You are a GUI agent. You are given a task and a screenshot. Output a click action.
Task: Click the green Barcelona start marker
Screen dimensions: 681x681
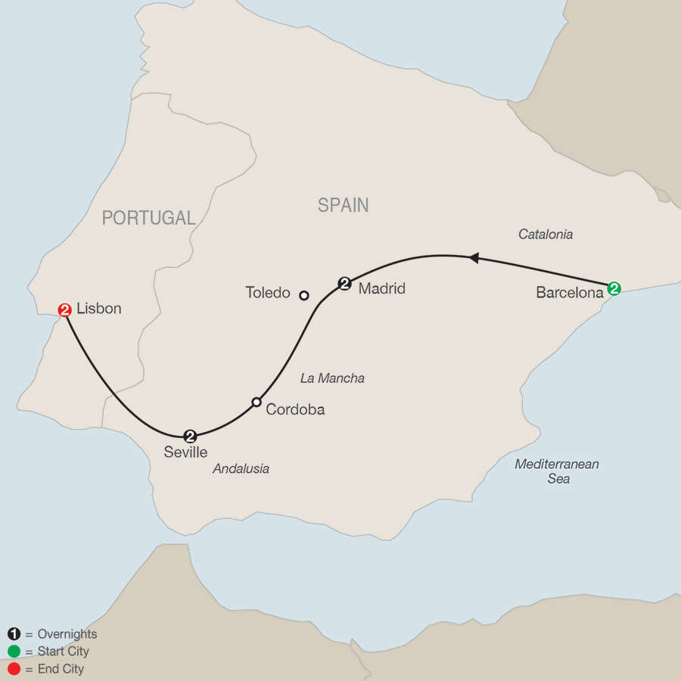[614, 288]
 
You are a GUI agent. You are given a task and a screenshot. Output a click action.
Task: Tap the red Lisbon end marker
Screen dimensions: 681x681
[64, 309]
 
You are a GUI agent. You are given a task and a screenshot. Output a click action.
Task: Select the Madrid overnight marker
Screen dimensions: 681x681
[345, 284]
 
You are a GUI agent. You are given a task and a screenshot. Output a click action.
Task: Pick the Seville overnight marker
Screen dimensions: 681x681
[191, 435]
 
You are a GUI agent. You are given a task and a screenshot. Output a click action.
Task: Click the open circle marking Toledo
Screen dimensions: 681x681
[304, 295]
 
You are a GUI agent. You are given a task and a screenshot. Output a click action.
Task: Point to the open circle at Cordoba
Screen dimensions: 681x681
[257, 402]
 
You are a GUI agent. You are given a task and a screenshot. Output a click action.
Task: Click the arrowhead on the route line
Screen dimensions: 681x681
[474, 258]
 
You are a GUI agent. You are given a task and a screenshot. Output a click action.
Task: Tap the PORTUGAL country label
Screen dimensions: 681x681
[149, 218]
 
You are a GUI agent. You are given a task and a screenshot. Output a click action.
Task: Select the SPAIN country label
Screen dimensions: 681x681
[343, 205]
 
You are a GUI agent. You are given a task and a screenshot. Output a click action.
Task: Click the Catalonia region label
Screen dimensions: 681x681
[545, 235]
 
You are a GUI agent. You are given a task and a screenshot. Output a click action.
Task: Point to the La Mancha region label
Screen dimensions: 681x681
[332, 378]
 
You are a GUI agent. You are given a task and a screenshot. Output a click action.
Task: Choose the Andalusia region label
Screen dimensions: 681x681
[241, 468]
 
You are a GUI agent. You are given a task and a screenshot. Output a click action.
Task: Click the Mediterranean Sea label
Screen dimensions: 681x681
[556, 471]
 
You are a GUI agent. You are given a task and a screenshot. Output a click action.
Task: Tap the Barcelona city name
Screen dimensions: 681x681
[568, 292]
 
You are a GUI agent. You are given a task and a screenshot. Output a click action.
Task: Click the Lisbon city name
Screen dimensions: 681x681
[98, 309]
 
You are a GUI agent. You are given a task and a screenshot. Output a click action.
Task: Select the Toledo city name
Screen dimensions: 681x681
[268, 292]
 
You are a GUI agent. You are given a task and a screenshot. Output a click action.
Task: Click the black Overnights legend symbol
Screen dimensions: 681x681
[13, 634]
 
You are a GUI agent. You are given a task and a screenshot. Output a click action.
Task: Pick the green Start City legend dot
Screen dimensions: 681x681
[13, 651]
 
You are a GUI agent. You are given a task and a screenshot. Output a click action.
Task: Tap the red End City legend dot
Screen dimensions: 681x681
[13, 669]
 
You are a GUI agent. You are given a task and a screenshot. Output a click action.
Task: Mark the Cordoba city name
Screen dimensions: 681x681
[295, 409]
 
